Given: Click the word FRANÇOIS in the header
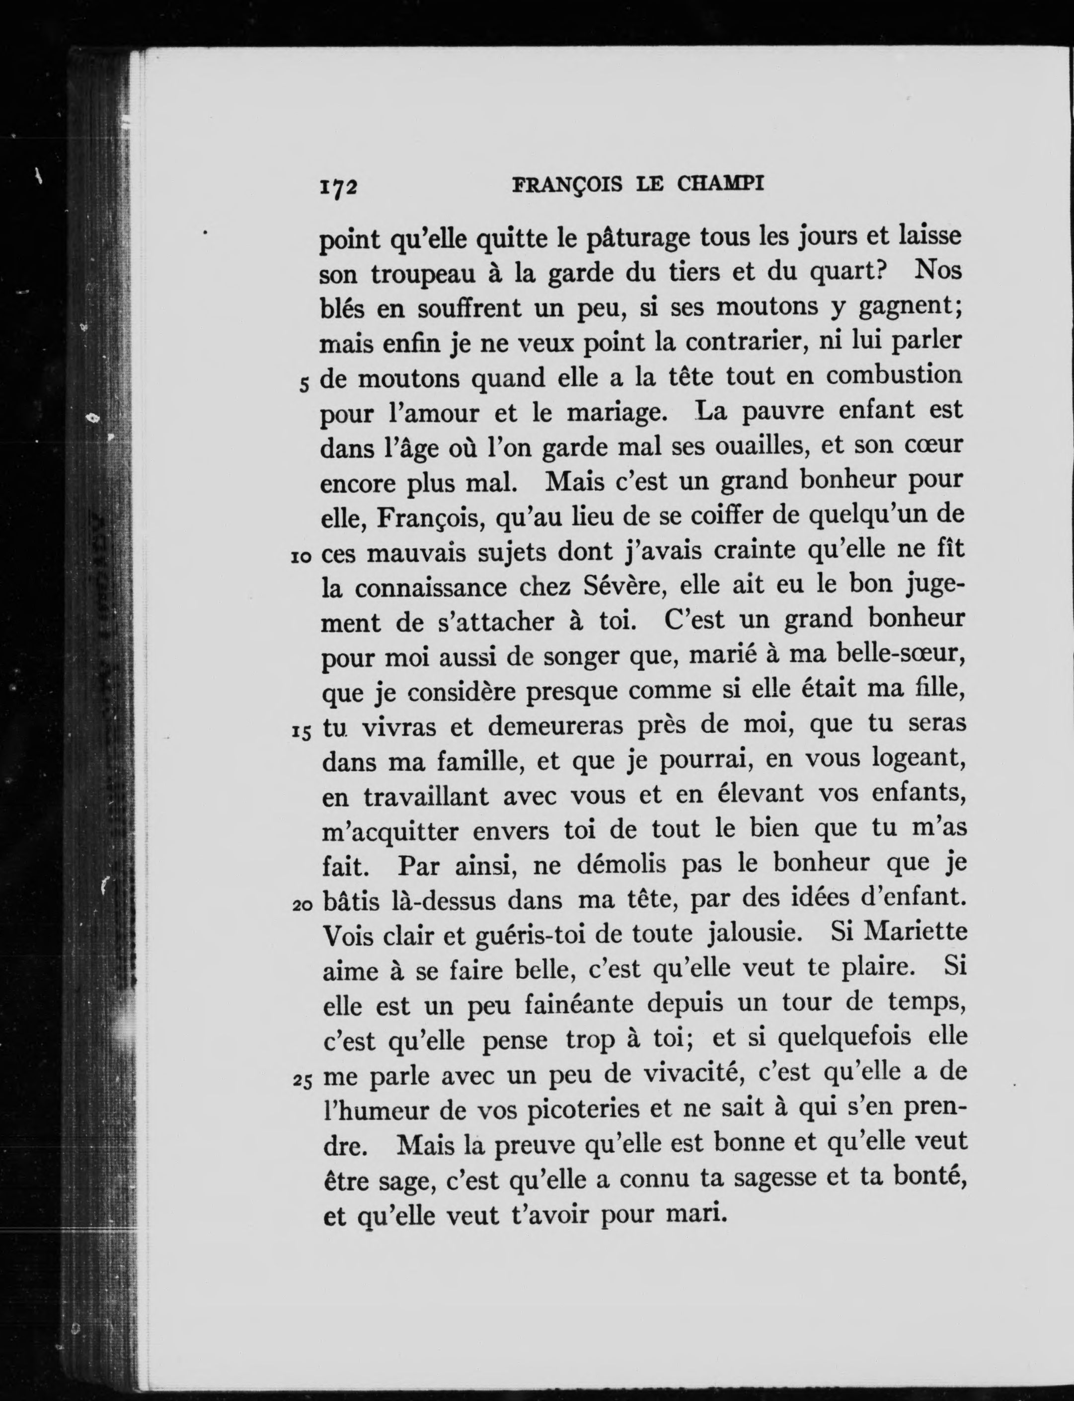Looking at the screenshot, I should point(567,185).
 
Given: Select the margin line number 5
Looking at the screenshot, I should point(305,384).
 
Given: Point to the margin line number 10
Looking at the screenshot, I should point(301,557).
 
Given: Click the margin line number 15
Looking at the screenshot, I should point(301,733).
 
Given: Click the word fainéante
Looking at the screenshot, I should point(579,1004).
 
